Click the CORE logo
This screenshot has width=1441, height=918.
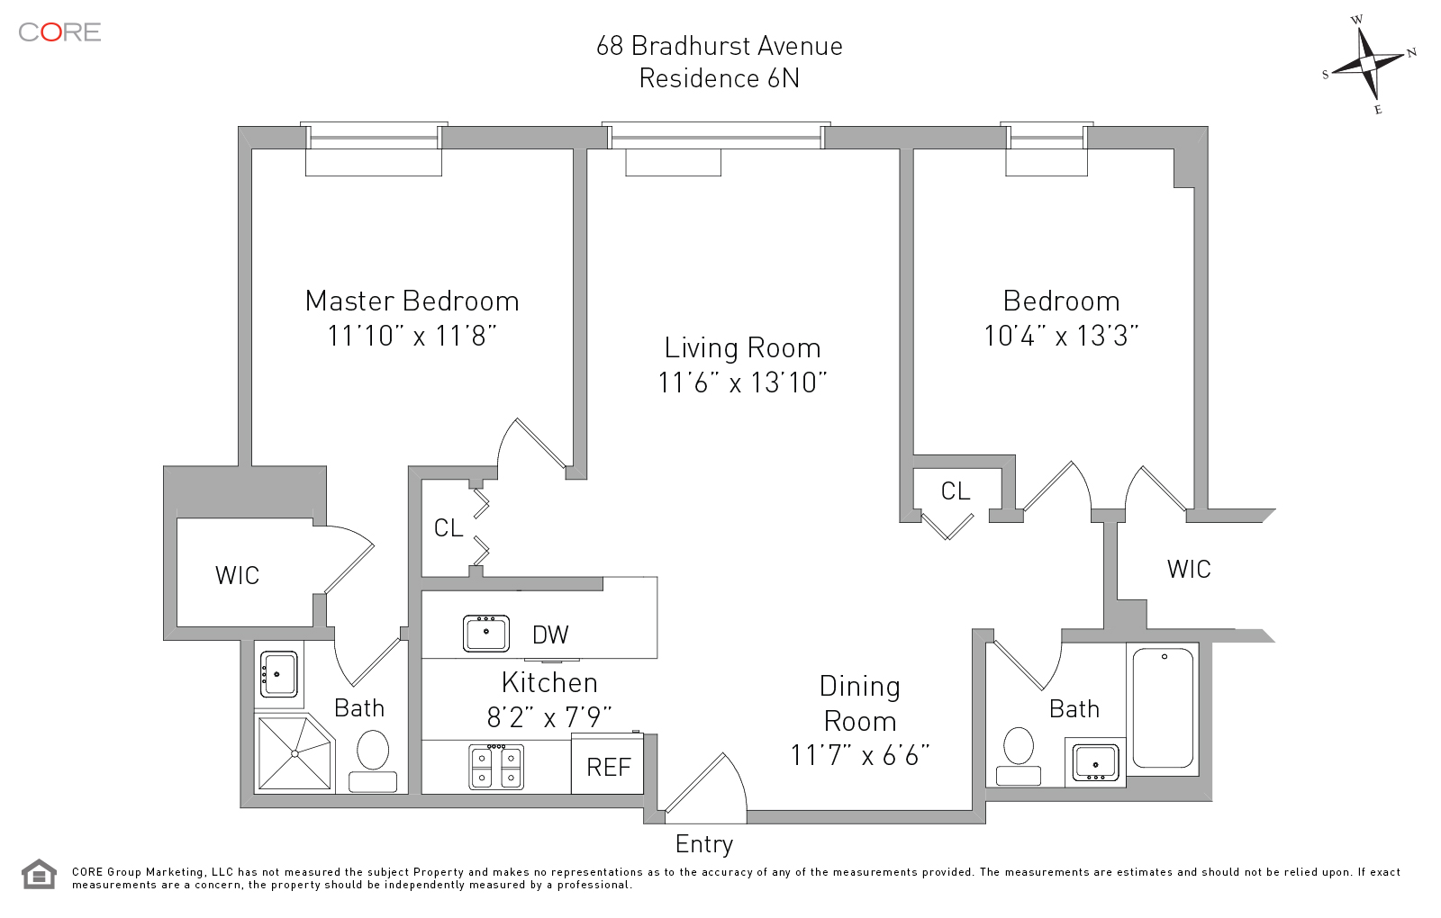click(59, 32)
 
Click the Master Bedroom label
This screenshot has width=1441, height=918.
click(412, 301)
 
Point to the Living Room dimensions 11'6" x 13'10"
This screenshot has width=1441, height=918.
click(742, 382)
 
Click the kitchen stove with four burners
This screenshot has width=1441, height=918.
click(496, 767)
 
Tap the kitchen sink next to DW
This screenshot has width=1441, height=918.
click(486, 633)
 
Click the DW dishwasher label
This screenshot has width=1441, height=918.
click(550, 634)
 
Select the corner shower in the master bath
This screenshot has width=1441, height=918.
click(294, 752)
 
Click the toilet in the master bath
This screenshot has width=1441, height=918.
click(373, 759)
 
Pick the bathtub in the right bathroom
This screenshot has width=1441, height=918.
click(1163, 709)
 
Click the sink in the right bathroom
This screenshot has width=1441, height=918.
click(1095, 761)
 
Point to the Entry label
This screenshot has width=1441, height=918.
click(704, 844)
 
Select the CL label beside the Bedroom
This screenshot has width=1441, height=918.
click(956, 490)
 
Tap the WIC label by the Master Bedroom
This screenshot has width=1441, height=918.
click(237, 575)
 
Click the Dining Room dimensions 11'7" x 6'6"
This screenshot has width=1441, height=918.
click(859, 755)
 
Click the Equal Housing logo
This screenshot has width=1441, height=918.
click(39, 874)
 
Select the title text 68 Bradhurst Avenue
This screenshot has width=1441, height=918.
click(719, 46)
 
